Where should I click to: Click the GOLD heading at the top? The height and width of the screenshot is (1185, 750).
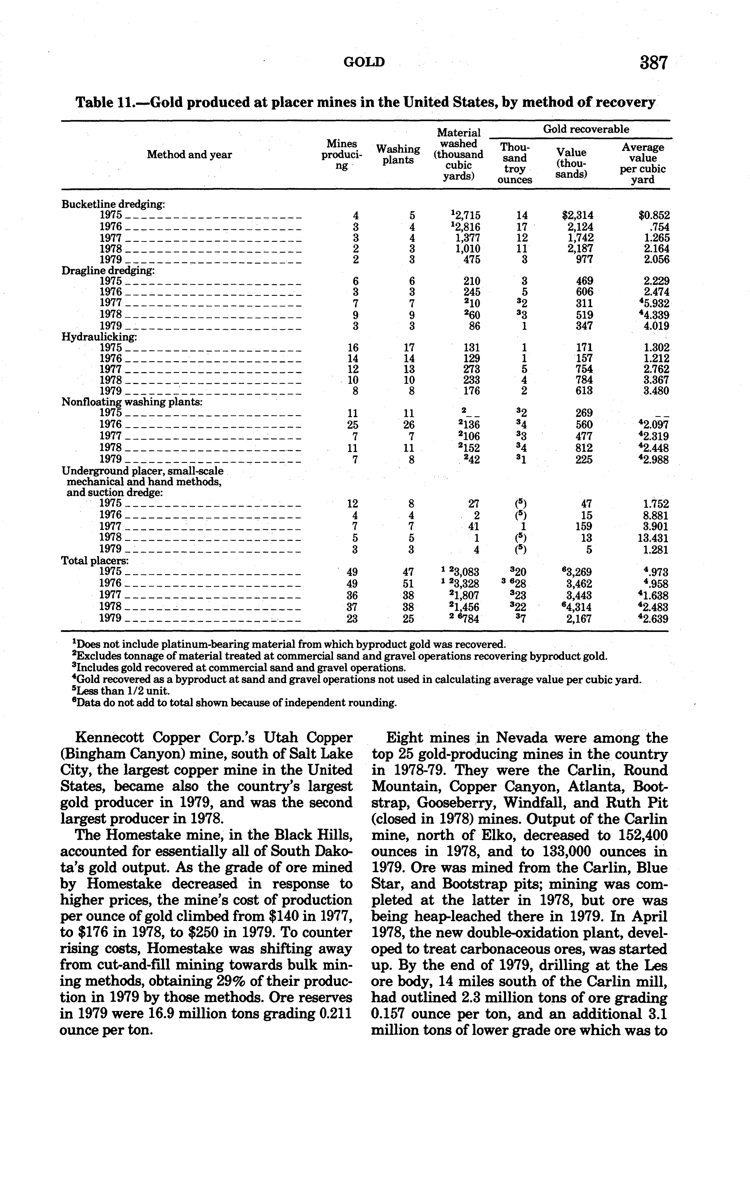(x=364, y=62)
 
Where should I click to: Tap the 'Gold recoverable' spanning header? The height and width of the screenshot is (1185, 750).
(x=586, y=129)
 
